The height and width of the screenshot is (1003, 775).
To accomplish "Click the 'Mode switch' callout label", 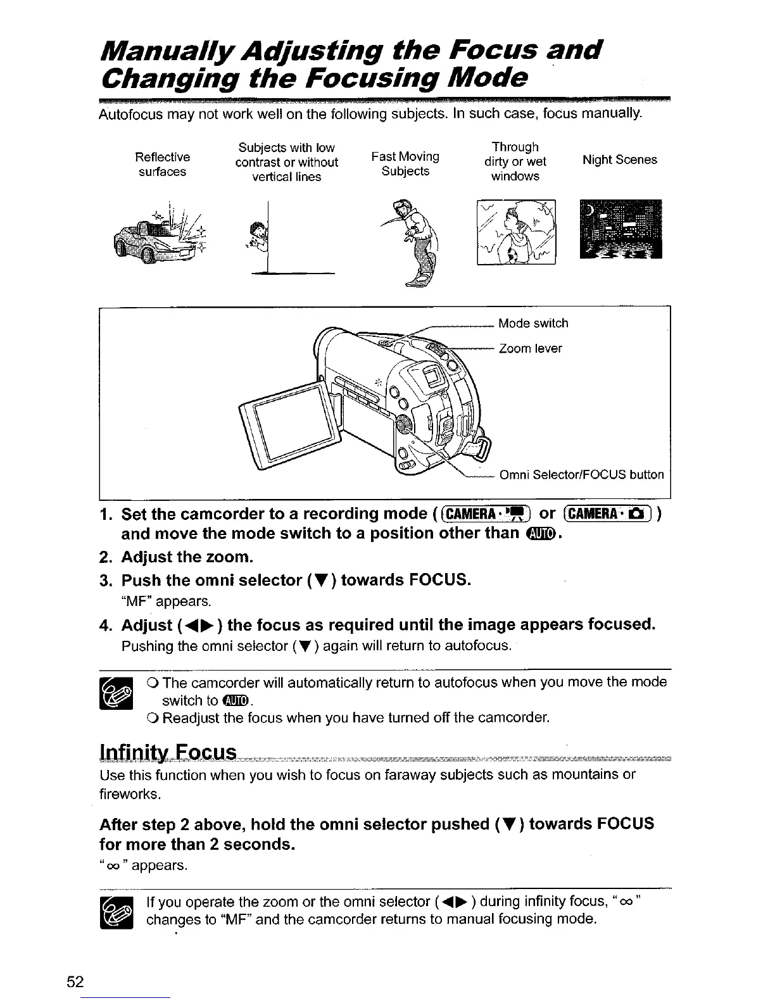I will (533, 324).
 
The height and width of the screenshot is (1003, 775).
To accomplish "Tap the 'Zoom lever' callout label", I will (530, 349).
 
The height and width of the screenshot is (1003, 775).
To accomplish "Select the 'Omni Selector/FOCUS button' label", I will (581, 475).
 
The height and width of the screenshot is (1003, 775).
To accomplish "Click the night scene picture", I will (620, 229).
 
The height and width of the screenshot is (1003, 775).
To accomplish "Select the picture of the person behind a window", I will (516, 232).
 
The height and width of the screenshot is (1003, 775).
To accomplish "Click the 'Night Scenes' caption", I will (619, 160).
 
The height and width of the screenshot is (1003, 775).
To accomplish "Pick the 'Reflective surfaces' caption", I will (163, 164).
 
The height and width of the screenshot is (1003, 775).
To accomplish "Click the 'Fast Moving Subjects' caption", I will (405, 163).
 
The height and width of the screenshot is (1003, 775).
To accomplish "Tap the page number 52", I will (75, 982).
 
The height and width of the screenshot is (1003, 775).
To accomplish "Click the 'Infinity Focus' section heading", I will (168, 753).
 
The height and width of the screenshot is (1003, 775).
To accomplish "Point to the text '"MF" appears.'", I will (166, 600).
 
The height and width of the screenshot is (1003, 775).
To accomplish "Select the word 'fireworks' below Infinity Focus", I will (122, 793).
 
